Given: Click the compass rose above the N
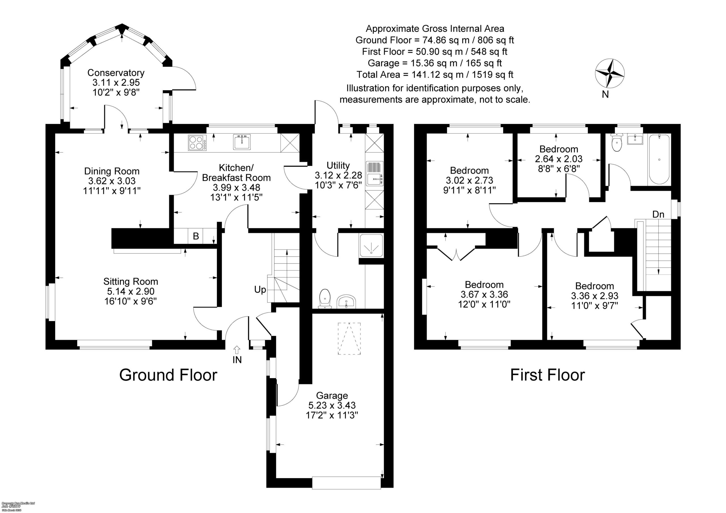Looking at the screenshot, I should (609, 73).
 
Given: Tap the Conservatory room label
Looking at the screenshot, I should (116, 73).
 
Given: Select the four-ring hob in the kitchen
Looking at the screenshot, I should (197, 142).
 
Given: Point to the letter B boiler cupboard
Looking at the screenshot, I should (196, 236).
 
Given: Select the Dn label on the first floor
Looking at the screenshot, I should (658, 214).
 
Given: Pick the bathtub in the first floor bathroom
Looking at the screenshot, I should (659, 160).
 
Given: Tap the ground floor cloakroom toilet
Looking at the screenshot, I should (325, 298).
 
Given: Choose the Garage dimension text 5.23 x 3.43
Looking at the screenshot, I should (332, 405).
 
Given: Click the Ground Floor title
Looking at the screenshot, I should (168, 375).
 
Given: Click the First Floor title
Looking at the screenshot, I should (547, 375).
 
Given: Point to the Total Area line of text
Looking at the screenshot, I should (435, 75).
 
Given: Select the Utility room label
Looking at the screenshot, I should (338, 165).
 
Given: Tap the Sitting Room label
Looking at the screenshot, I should (130, 282).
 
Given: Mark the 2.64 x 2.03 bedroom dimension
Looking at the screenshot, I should (558, 159).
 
